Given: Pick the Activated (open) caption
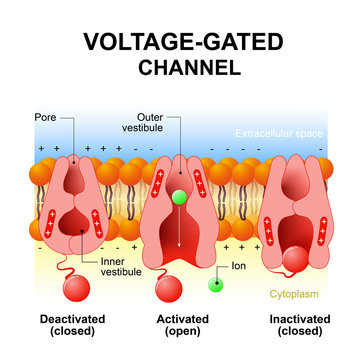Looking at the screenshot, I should [179, 327].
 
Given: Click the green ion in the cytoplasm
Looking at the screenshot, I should [214, 286].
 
